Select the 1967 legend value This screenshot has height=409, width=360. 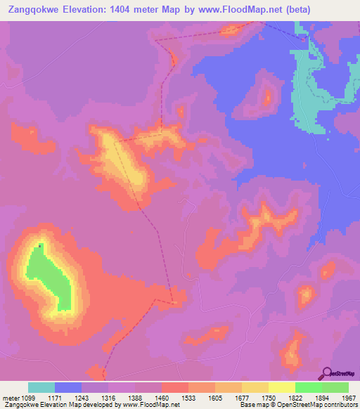tap(349, 398)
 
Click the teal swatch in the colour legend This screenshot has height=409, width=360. tap(41, 387)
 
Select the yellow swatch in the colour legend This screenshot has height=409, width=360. tap(282, 387)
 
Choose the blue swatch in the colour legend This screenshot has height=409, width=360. tap(68, 387)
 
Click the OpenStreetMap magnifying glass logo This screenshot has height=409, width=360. tap(326, 374)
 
